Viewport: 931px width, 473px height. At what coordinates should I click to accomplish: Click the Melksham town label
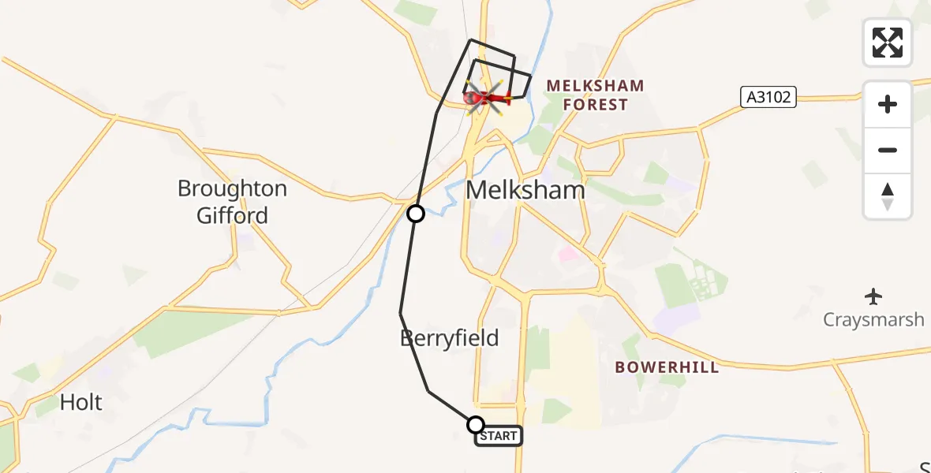point(525,190)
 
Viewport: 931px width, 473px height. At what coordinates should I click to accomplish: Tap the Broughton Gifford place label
point(232,202)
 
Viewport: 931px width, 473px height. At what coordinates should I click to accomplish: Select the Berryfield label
point(449,338)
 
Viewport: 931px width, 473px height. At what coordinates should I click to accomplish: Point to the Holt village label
point(81,403)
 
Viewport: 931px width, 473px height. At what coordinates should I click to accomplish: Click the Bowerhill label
point(667,367)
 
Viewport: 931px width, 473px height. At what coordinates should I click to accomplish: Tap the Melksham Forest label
point(595,95)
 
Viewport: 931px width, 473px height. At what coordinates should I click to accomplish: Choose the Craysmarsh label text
point(873,319)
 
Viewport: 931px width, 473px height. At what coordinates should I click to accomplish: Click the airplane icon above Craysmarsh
point(873,297)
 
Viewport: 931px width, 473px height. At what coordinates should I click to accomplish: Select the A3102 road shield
point(768,97)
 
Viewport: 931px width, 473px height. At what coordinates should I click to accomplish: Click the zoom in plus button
point(888,104)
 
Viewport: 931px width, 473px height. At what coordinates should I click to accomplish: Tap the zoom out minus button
point(888,150)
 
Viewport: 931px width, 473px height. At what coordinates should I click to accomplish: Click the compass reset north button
point(888,196)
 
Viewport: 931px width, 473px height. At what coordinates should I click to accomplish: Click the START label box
point(498,436)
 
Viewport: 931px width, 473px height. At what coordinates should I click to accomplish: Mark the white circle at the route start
point(476,425)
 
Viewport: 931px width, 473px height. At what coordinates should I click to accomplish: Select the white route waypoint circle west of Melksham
point(415,214)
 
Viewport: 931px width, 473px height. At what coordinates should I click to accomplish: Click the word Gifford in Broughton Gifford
point(232,215)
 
